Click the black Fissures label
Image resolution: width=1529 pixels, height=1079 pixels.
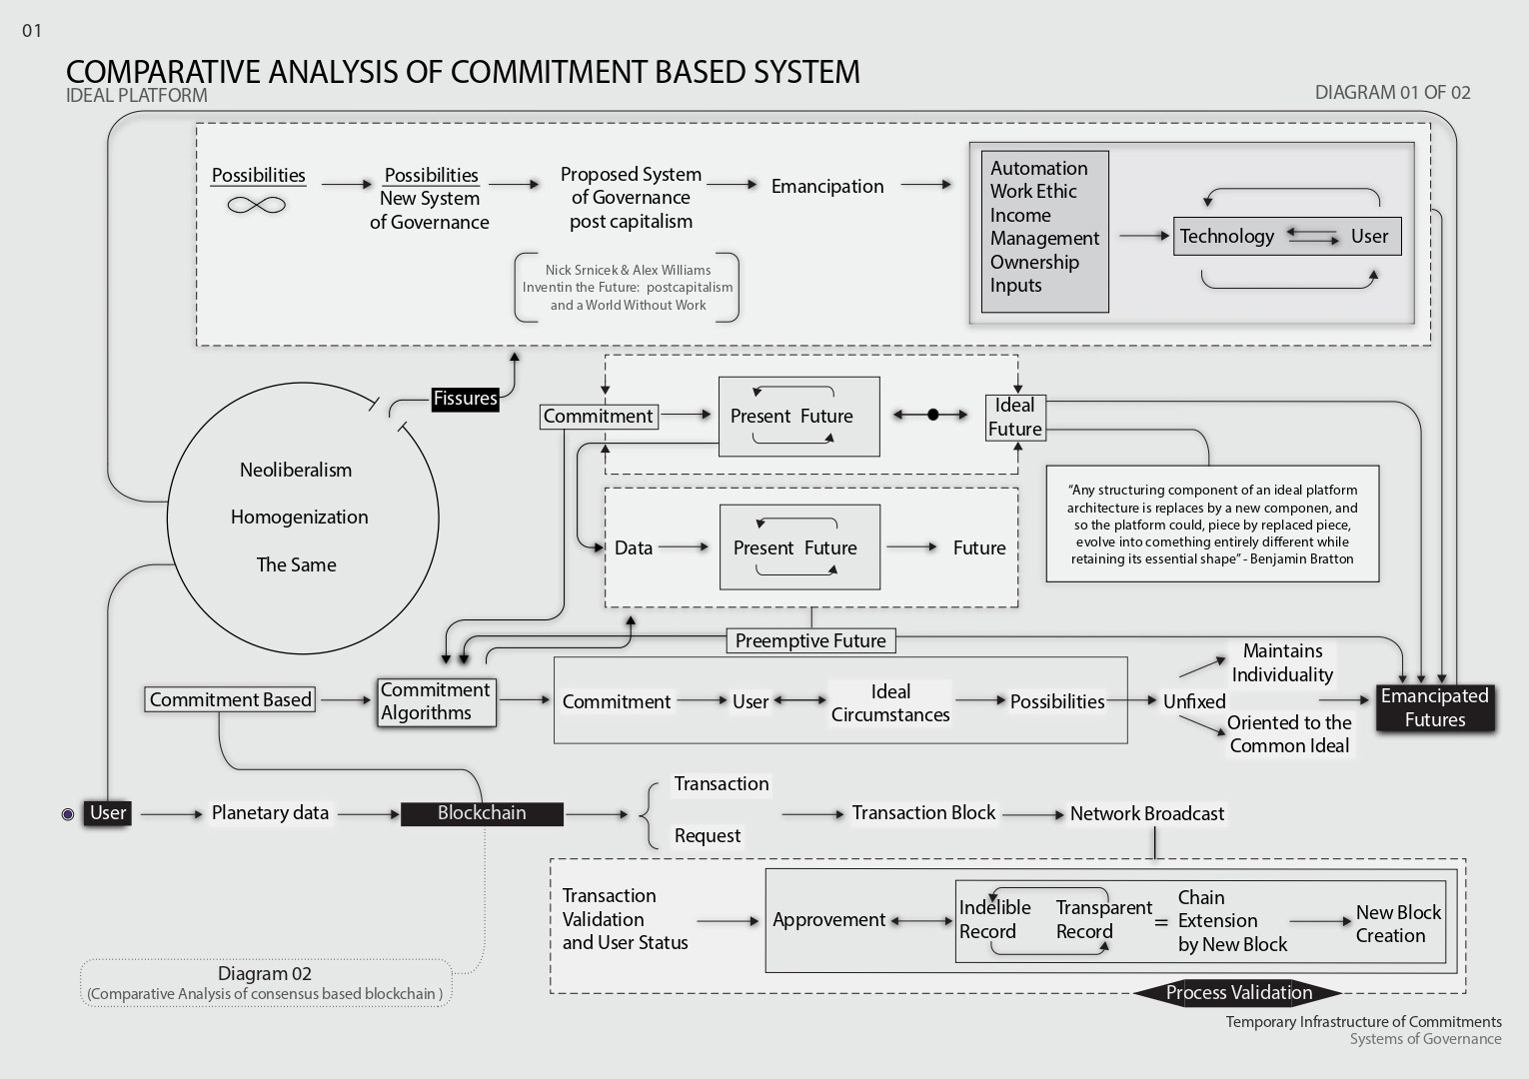465,399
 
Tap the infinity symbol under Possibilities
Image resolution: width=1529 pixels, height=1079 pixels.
257,205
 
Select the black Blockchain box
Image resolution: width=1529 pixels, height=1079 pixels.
482,813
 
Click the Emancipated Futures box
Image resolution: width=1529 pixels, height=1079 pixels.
1435,707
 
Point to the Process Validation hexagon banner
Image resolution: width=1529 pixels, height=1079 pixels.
1238,992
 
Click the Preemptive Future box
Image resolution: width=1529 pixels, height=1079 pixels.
810,640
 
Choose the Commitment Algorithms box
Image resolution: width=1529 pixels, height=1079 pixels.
436,701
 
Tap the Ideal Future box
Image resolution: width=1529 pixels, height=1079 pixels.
1015,417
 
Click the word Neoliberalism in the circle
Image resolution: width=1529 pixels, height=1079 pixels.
296,471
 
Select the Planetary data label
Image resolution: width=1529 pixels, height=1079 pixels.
270,813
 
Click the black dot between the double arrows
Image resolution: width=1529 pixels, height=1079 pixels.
933,415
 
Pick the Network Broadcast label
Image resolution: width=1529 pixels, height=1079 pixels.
1147,813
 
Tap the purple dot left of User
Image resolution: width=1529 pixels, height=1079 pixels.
68,814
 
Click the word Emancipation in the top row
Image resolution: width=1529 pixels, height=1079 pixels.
827,186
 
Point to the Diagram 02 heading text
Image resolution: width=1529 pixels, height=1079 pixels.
265,973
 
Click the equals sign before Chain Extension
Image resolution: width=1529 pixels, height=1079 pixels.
1161,923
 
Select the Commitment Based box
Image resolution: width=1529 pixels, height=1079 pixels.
230,699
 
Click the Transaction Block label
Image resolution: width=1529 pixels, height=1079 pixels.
923,813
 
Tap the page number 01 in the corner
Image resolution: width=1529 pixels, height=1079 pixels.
32,31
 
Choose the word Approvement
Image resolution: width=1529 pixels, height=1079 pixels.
828,920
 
